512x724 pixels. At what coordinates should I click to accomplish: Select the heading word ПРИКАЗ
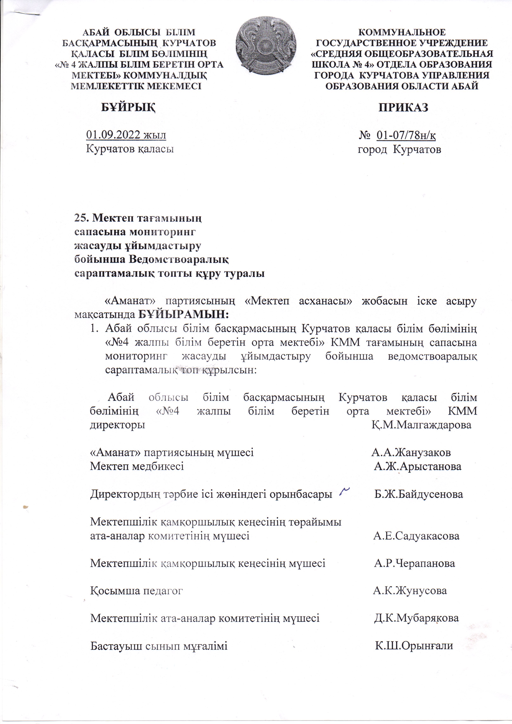[403, 107]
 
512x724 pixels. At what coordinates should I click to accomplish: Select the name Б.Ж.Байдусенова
[419, 494]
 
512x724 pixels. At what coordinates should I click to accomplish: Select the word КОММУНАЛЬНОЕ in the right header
[403, 32]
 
